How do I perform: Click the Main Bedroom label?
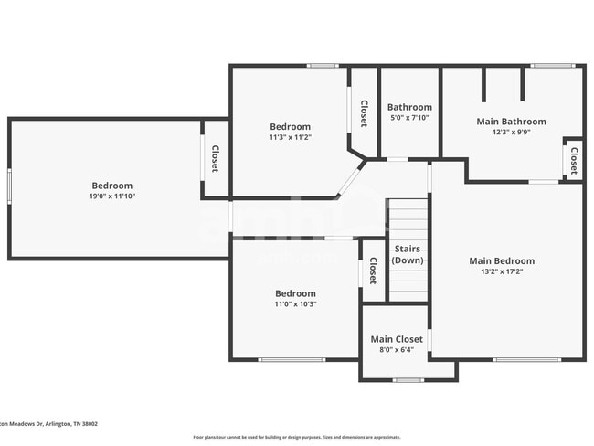click(x=502, y=260)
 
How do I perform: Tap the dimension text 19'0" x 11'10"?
click(x=112, y=196)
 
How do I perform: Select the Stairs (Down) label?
click(x=408, y=254)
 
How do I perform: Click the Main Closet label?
click(x=396, y=339)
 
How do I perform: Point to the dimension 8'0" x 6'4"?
click(x=396, y=351)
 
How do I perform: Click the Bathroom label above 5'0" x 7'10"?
click(x=409, y=107)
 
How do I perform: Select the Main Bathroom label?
click(x=511, y=121)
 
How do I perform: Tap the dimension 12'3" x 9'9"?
click(x=511, y=132)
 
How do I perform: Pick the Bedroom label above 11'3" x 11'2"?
click(x=290, y=126)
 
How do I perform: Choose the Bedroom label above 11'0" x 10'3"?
click(x=295, y=293)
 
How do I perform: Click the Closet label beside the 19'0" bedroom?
click(x=216, y=159)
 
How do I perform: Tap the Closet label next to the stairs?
click(x=373, y=271)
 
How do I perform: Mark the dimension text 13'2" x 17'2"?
click(x=502, y=271)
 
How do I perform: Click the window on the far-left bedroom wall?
click(x=10, y=187)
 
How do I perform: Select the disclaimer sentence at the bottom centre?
click(x=296, y=437)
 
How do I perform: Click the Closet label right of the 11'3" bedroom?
click(x=364, y=113)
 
